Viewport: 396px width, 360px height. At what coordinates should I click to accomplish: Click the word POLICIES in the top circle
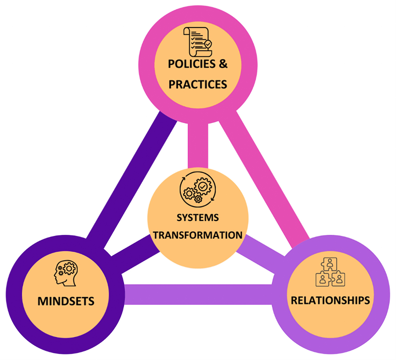[192, 64]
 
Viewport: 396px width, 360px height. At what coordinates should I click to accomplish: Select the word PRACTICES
[198, 84]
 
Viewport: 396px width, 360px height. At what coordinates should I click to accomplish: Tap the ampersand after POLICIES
[223, 64]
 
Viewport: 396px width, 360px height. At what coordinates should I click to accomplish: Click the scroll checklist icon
[198, 42]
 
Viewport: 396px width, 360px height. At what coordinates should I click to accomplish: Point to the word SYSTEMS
[198, 217]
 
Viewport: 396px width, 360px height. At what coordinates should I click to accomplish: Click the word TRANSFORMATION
[198, 235]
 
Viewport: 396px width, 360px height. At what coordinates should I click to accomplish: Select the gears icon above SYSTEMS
[198, 189]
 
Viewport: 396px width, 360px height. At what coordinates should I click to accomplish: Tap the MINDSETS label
[66, 301]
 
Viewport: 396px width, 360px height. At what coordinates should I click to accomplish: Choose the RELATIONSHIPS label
[330, 300]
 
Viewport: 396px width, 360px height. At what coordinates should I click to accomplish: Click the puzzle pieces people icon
[330, 272]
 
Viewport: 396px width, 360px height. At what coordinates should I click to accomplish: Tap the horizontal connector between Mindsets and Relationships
[198, 294]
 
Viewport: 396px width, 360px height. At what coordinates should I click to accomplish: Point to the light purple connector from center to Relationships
[261, 253]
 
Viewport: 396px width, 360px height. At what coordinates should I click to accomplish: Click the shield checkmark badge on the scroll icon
[208, 44]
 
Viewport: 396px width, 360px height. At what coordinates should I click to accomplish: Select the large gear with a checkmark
[203, 187]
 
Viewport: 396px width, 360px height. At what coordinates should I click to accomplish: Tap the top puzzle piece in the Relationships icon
[330, 263]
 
